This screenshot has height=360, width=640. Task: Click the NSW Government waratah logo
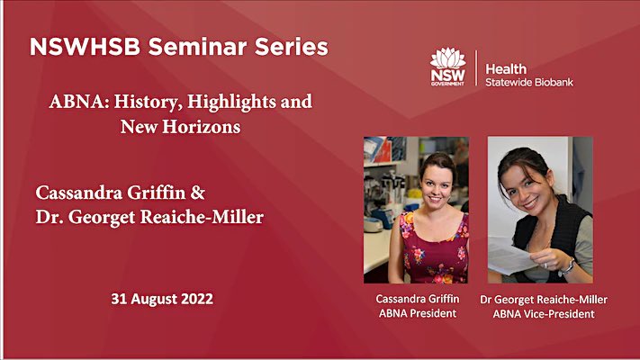(x=449, y=66)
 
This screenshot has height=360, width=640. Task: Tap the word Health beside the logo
(x=507, y=68)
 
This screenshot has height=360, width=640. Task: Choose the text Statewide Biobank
(x=528, y=82)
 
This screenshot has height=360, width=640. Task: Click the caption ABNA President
(x=416, y=313)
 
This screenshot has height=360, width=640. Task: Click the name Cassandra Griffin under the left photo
(x=416, y=298)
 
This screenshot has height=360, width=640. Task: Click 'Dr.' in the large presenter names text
(x=50, y=217)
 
